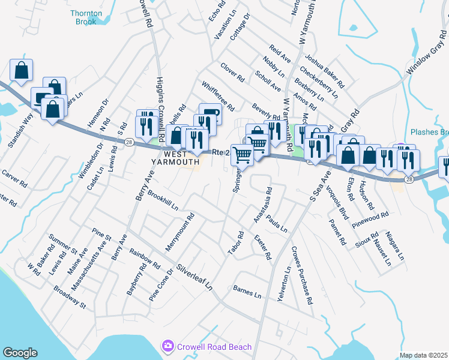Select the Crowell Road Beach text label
tap(208, 346)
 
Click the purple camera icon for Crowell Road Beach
tap(167, 346)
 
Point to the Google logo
tap(20, 353)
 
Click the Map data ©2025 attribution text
tap(423, 355)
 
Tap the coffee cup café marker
tap(209, 112)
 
